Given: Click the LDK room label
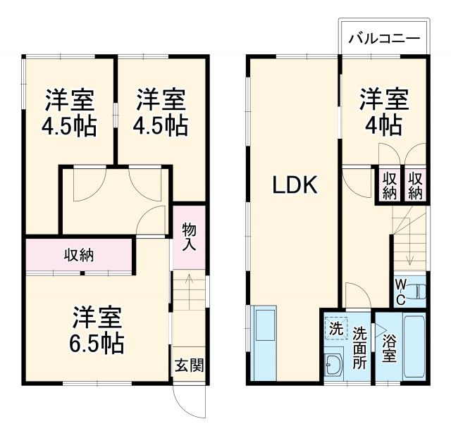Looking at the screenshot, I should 295,185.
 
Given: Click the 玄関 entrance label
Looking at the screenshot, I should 190,365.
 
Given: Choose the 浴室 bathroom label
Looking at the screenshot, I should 389,348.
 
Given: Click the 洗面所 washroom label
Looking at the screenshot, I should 360,348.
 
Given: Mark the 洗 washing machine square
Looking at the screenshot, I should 336,327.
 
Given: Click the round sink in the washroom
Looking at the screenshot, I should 333,364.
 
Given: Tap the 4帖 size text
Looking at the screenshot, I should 384,125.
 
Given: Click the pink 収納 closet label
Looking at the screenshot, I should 80,254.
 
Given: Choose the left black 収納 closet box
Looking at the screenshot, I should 389,184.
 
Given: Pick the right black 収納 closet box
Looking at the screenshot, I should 414,184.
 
